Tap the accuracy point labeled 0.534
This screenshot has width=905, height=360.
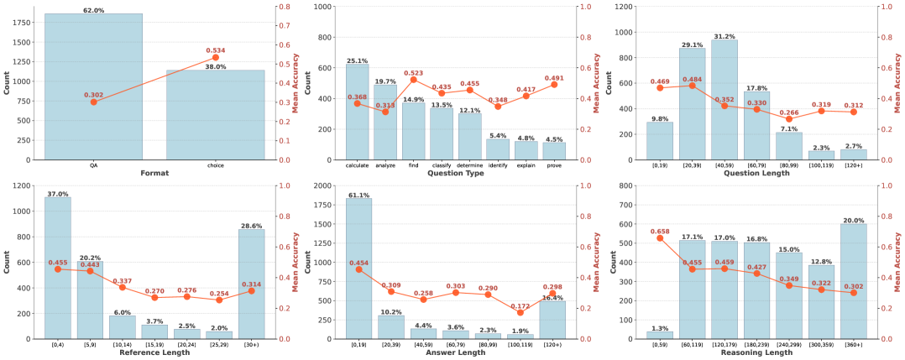(215, 57)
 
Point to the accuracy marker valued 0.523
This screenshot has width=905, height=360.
(413, 80)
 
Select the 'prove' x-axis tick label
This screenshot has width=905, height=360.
(553, 165)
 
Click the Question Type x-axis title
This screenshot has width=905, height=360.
(455, 174)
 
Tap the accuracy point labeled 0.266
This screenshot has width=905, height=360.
(788, 119)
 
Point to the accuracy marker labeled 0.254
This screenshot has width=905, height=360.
(219, 300)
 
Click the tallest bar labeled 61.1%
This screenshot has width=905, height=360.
(357, 269)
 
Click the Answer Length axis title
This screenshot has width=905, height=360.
(455, 352)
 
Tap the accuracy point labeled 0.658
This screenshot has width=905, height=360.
(659, 237)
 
